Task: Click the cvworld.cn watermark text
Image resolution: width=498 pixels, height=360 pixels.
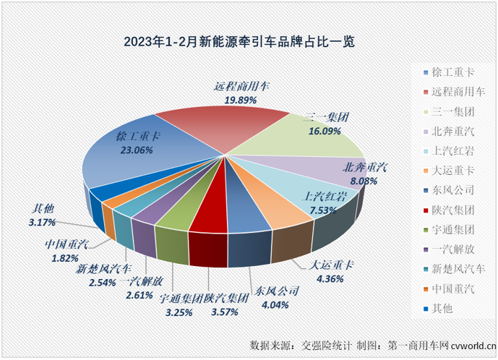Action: [470, 345]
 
